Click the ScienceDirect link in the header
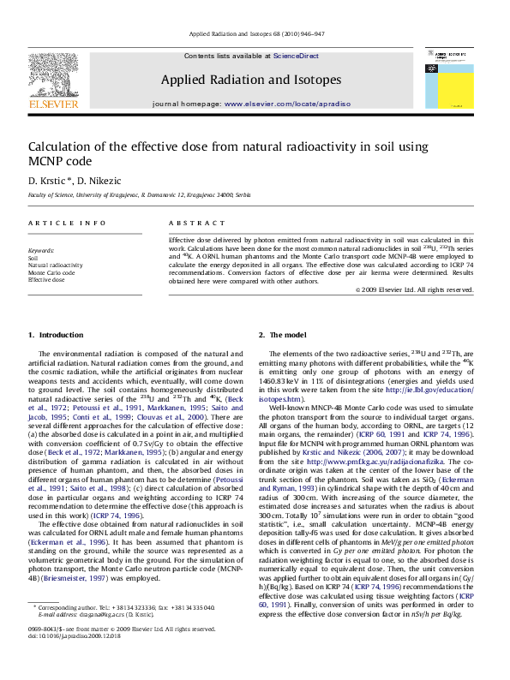[x=296, y=56]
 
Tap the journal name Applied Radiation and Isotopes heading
[x=250, y=80]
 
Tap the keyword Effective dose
[x=46, y=280]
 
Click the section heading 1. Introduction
[x=57, y=335]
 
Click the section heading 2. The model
[x=285, y=335]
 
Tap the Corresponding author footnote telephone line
[x=124, y=632]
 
